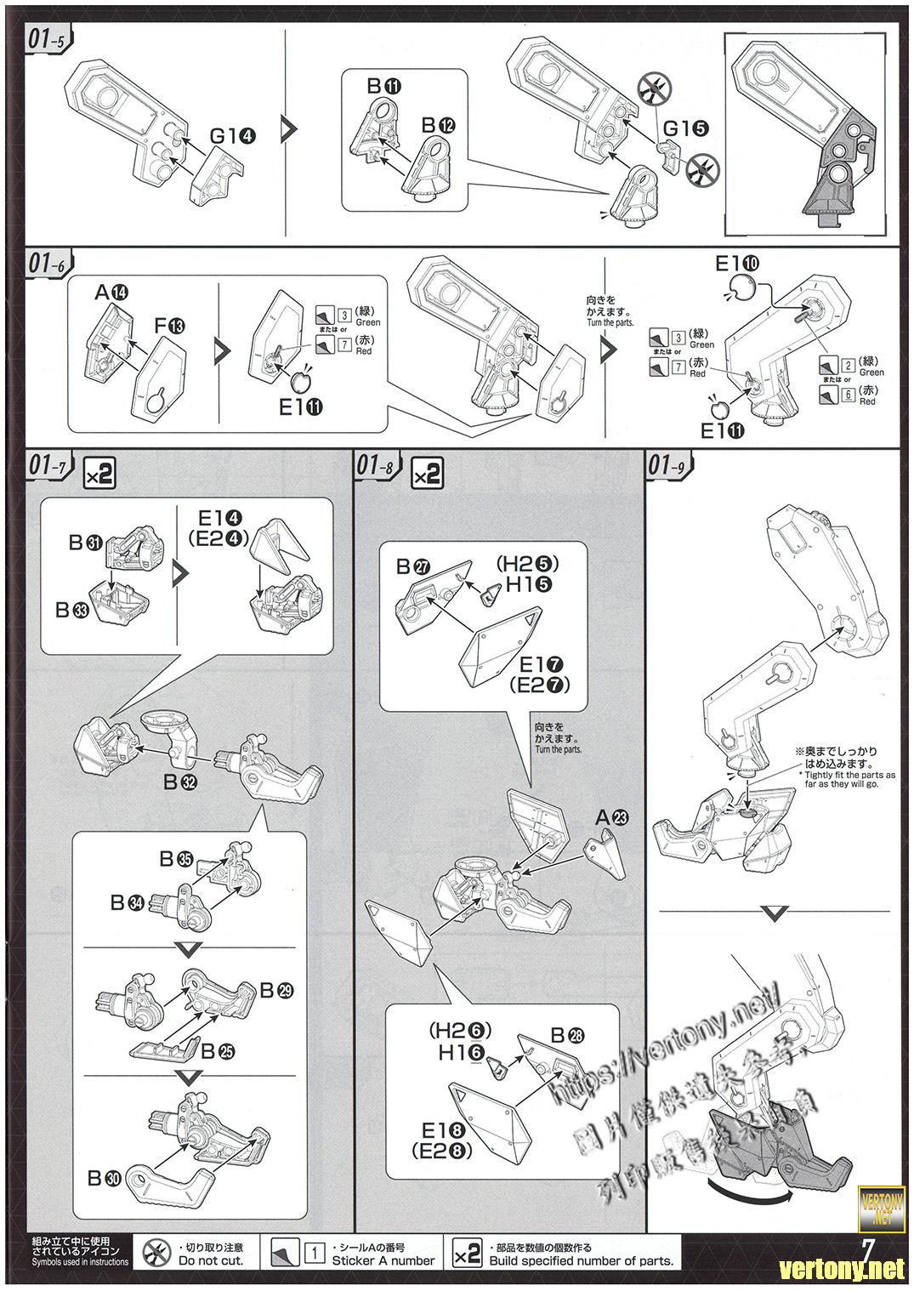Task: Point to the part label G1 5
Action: pyautogui.click(x=684, y=128)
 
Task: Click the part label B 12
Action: pyautogui.click(x=439, y=125)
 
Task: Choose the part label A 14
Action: pyautogui.click(x=111, y=293)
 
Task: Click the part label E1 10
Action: pyautogui.click(x=737, y=263)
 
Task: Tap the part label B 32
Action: pyautogui.click(x=181, y=782)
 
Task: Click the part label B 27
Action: pyautogui.click(x=414, y=566)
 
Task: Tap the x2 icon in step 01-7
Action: pyautogui.click(x=99, y=474)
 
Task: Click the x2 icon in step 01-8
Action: pyautogui.click(x=427, y=474)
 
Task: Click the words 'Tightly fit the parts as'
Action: pyautogui.click(x=847, y=776)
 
